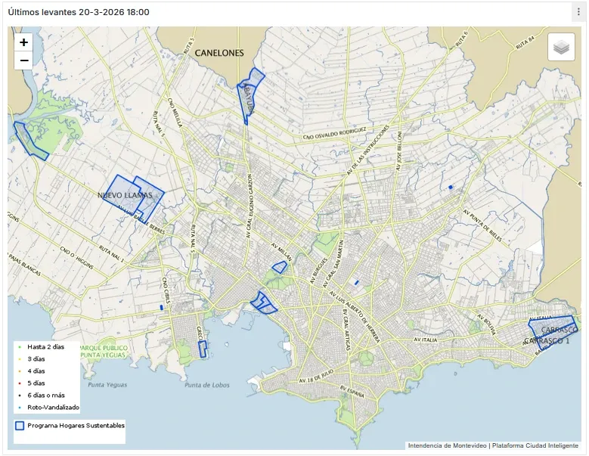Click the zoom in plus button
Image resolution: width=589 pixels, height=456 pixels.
tap(23, 43)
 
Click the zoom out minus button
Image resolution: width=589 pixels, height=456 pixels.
tap(23, 60)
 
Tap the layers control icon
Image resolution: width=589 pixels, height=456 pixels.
tap(560, 48)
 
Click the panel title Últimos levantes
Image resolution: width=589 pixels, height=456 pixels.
tap(78, 12)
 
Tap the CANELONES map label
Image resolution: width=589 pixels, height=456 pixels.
tap(219, 53)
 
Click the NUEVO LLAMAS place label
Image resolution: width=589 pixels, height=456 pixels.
tap(125, 195)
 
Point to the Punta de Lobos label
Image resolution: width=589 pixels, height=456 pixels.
tap(206, 385)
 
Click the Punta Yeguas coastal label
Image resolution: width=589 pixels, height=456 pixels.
tap(105, 385)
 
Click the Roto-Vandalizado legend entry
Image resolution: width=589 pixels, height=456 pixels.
tap(53, 407)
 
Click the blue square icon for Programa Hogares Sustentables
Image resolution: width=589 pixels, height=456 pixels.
tap(20, 426)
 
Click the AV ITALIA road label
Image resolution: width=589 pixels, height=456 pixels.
tap(426, 340)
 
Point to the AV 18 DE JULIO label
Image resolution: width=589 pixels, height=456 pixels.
tap(316, 375)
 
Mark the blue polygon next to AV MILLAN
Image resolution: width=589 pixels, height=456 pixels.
tap(280, 267)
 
